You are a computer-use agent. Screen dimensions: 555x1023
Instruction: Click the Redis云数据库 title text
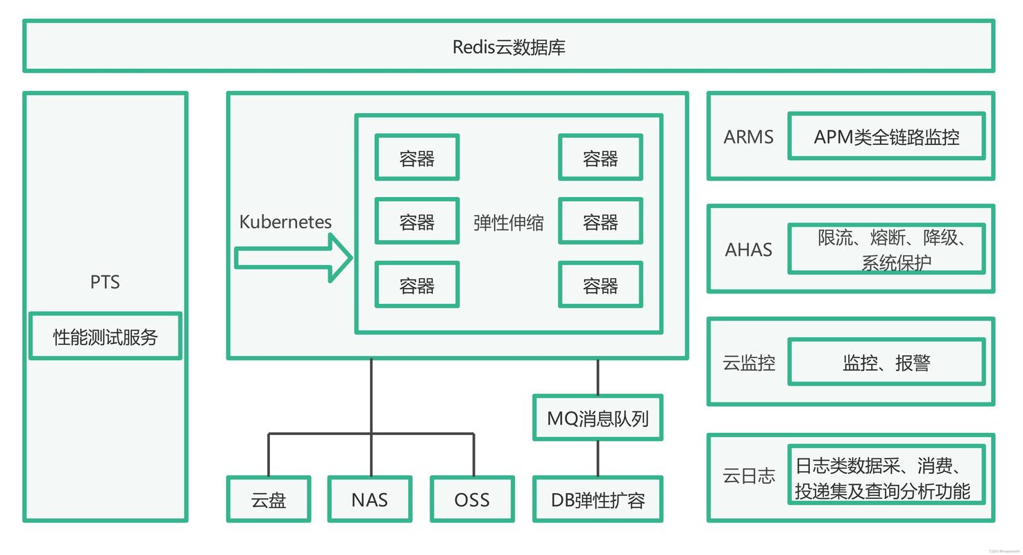pyautogui.click(x=509, y=47)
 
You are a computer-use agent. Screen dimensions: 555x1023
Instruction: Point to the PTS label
pyautogui.click(x=105, y=282)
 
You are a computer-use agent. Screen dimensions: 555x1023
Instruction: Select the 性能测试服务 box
pyautogui.click(x=105, y=336)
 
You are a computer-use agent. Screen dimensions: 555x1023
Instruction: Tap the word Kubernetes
pyautogui.click(x=285, y=222)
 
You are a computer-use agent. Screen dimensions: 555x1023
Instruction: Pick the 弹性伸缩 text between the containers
pyautogui.click(x=509, y=223)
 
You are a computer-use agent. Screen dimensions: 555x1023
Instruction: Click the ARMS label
pyautogui.click(x=748, y=137)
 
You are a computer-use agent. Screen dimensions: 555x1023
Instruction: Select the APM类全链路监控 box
pyautogui.click(x=886, y=137)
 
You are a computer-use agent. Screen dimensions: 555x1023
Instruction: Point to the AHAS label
pyautogui.click(x=748, y=250)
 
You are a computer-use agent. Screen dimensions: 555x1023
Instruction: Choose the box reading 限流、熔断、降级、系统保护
pyautogui.click(x=886, y=249)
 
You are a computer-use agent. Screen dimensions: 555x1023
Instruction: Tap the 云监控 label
pyautogui.click(x=749, y=363)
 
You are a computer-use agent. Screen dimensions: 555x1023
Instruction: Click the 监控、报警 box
pyautogui.click(x=886, y=362)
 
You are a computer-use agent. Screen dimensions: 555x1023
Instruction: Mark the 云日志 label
pyautogui.click(x=749, y=476)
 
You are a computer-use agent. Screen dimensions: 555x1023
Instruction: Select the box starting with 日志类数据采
pyautogui.click(x=886, y=475)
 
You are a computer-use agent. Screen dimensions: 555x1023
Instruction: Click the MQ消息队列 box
pyautogui.click(x=598, y=418)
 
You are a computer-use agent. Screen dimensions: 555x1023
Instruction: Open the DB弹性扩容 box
pyautogui.click(x=598, y=499)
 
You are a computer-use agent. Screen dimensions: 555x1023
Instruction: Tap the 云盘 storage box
pyautogui.click(x=269, y=499)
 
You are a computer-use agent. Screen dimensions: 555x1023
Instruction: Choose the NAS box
pyautogui.click(x=370, y=499)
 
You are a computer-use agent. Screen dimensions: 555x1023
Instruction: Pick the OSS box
pyautogui.click(x=472, y=499)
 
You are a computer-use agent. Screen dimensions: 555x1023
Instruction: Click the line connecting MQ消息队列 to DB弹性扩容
pyautogui.click(x=598, y=459)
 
